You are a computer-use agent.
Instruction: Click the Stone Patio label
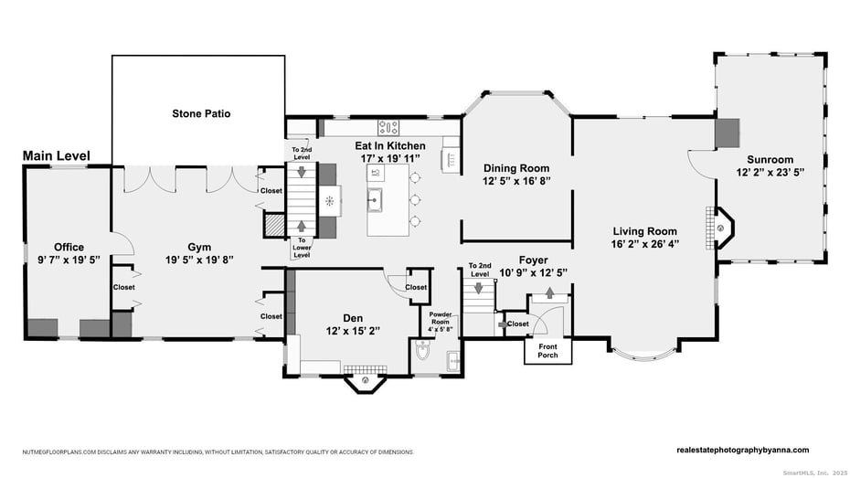201,114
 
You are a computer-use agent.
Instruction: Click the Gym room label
199,247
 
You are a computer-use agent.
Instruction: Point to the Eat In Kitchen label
390,145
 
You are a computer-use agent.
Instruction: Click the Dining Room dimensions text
516,181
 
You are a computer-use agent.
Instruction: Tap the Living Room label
644,231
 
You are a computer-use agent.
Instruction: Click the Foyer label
533,260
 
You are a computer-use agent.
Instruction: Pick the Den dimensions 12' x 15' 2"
354,331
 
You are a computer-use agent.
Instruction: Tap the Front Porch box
547,351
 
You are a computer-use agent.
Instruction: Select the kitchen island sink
374,197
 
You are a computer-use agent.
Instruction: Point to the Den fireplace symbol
366,379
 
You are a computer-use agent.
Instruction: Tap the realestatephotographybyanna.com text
742,450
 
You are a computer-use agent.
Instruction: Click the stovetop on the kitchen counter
388,128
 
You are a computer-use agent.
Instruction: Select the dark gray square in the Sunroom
727,133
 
